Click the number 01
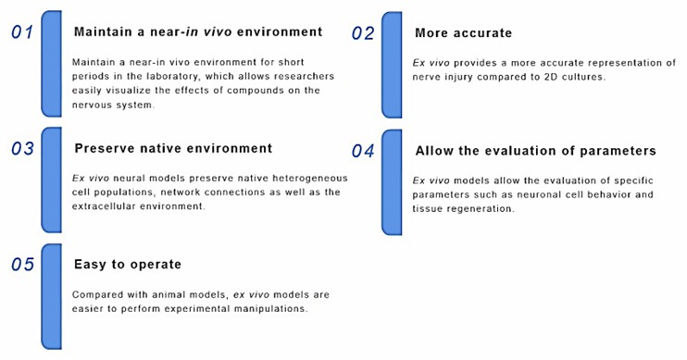[x=22, y=33]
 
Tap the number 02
[x=363, y=33]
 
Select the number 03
[x=22, y=148]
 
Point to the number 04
[x=363, y=151]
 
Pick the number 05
[x=22, y=266]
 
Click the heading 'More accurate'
[x=463, y=33]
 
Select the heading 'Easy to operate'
[x=127, y=265]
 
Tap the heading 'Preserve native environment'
[x=172, y=148]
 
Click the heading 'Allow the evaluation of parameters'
[x=535, y=150]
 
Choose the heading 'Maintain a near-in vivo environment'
[x=197, y=31]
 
